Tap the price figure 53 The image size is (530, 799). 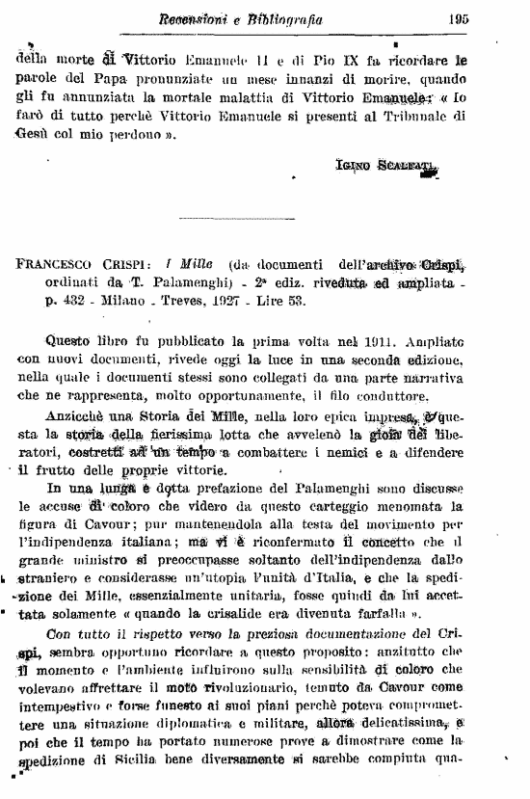pyautogui.click(x=358, y=302)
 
